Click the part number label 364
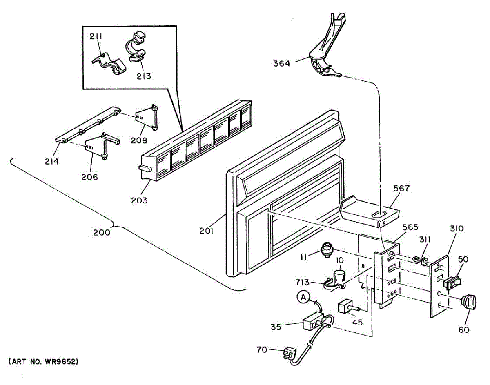281,63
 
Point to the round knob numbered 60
468,303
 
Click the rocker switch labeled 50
452,282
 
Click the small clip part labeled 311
421,260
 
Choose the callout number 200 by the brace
101,232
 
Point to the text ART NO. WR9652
43,362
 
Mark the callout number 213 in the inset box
144,76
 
